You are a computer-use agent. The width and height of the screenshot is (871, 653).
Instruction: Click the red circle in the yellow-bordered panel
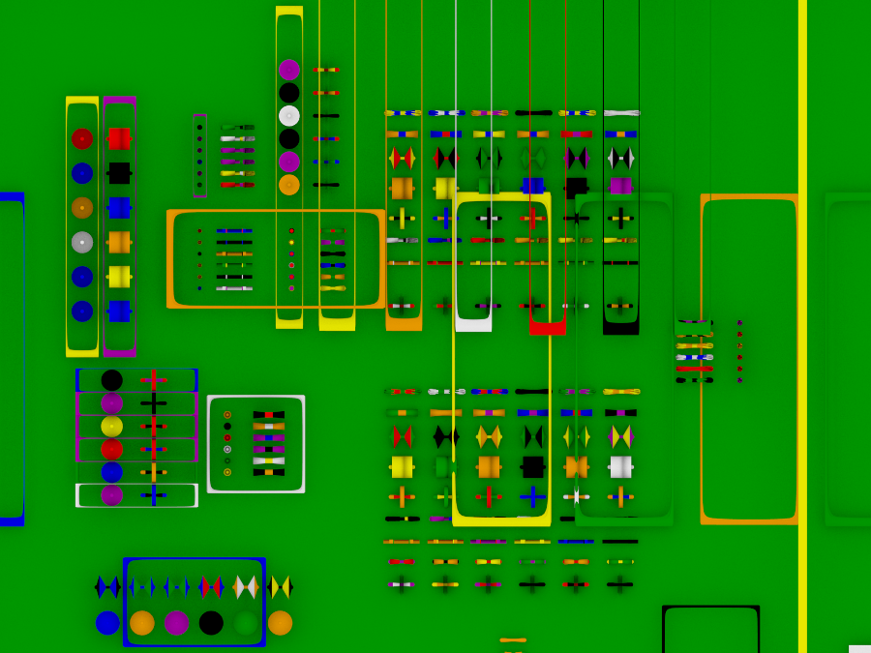pyautogui.click(x=82, y=138)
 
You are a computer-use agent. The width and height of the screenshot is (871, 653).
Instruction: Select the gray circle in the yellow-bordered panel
pyautogui.click(x=82, y=242)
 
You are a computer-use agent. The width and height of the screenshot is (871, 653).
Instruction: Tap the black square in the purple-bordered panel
pyautogui.click(x=119, y=173)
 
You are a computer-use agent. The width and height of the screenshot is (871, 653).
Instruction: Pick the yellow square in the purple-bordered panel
pyautogui.click(x=119, y=277)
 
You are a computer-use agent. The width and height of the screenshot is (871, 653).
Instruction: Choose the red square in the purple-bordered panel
pyautogui.click(x=119, y=138)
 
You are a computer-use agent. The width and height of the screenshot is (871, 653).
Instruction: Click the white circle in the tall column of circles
pyautogui.click(x=289, y=116)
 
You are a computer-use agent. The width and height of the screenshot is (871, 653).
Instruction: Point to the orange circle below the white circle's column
pyautogui.click(x=289, y=185)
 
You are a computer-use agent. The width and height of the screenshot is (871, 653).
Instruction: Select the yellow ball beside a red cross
pyautogui.click(x=112, y=427)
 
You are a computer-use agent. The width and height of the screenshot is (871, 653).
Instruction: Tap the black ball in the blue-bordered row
pyautogui.click(x=112, y=380)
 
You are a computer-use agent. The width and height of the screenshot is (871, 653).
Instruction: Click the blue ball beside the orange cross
pyautogui.click(x=112, y=472)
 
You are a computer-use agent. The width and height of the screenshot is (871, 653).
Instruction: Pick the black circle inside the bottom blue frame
pyautogui.click(x=211, y=623)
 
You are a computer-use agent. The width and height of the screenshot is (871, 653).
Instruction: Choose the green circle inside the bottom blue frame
pyautogui.click(x=246, y=623)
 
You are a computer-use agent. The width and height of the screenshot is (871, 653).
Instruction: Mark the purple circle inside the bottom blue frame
pyautogui.click(x=177, y=623)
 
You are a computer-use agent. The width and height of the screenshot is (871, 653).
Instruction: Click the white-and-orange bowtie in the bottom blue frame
pyautogui.click(x=246, y=587)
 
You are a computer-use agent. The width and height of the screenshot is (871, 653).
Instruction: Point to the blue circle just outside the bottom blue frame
pyautogui.click(x=107, y=623)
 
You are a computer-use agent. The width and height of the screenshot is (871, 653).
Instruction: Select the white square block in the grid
pyautogui.click(x=620, y=467)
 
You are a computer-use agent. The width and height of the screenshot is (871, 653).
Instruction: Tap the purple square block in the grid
pyautogui.click(x=620, y=186)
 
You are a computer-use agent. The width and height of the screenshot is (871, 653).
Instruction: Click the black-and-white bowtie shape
pyautogui.click(x=620, y=158)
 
